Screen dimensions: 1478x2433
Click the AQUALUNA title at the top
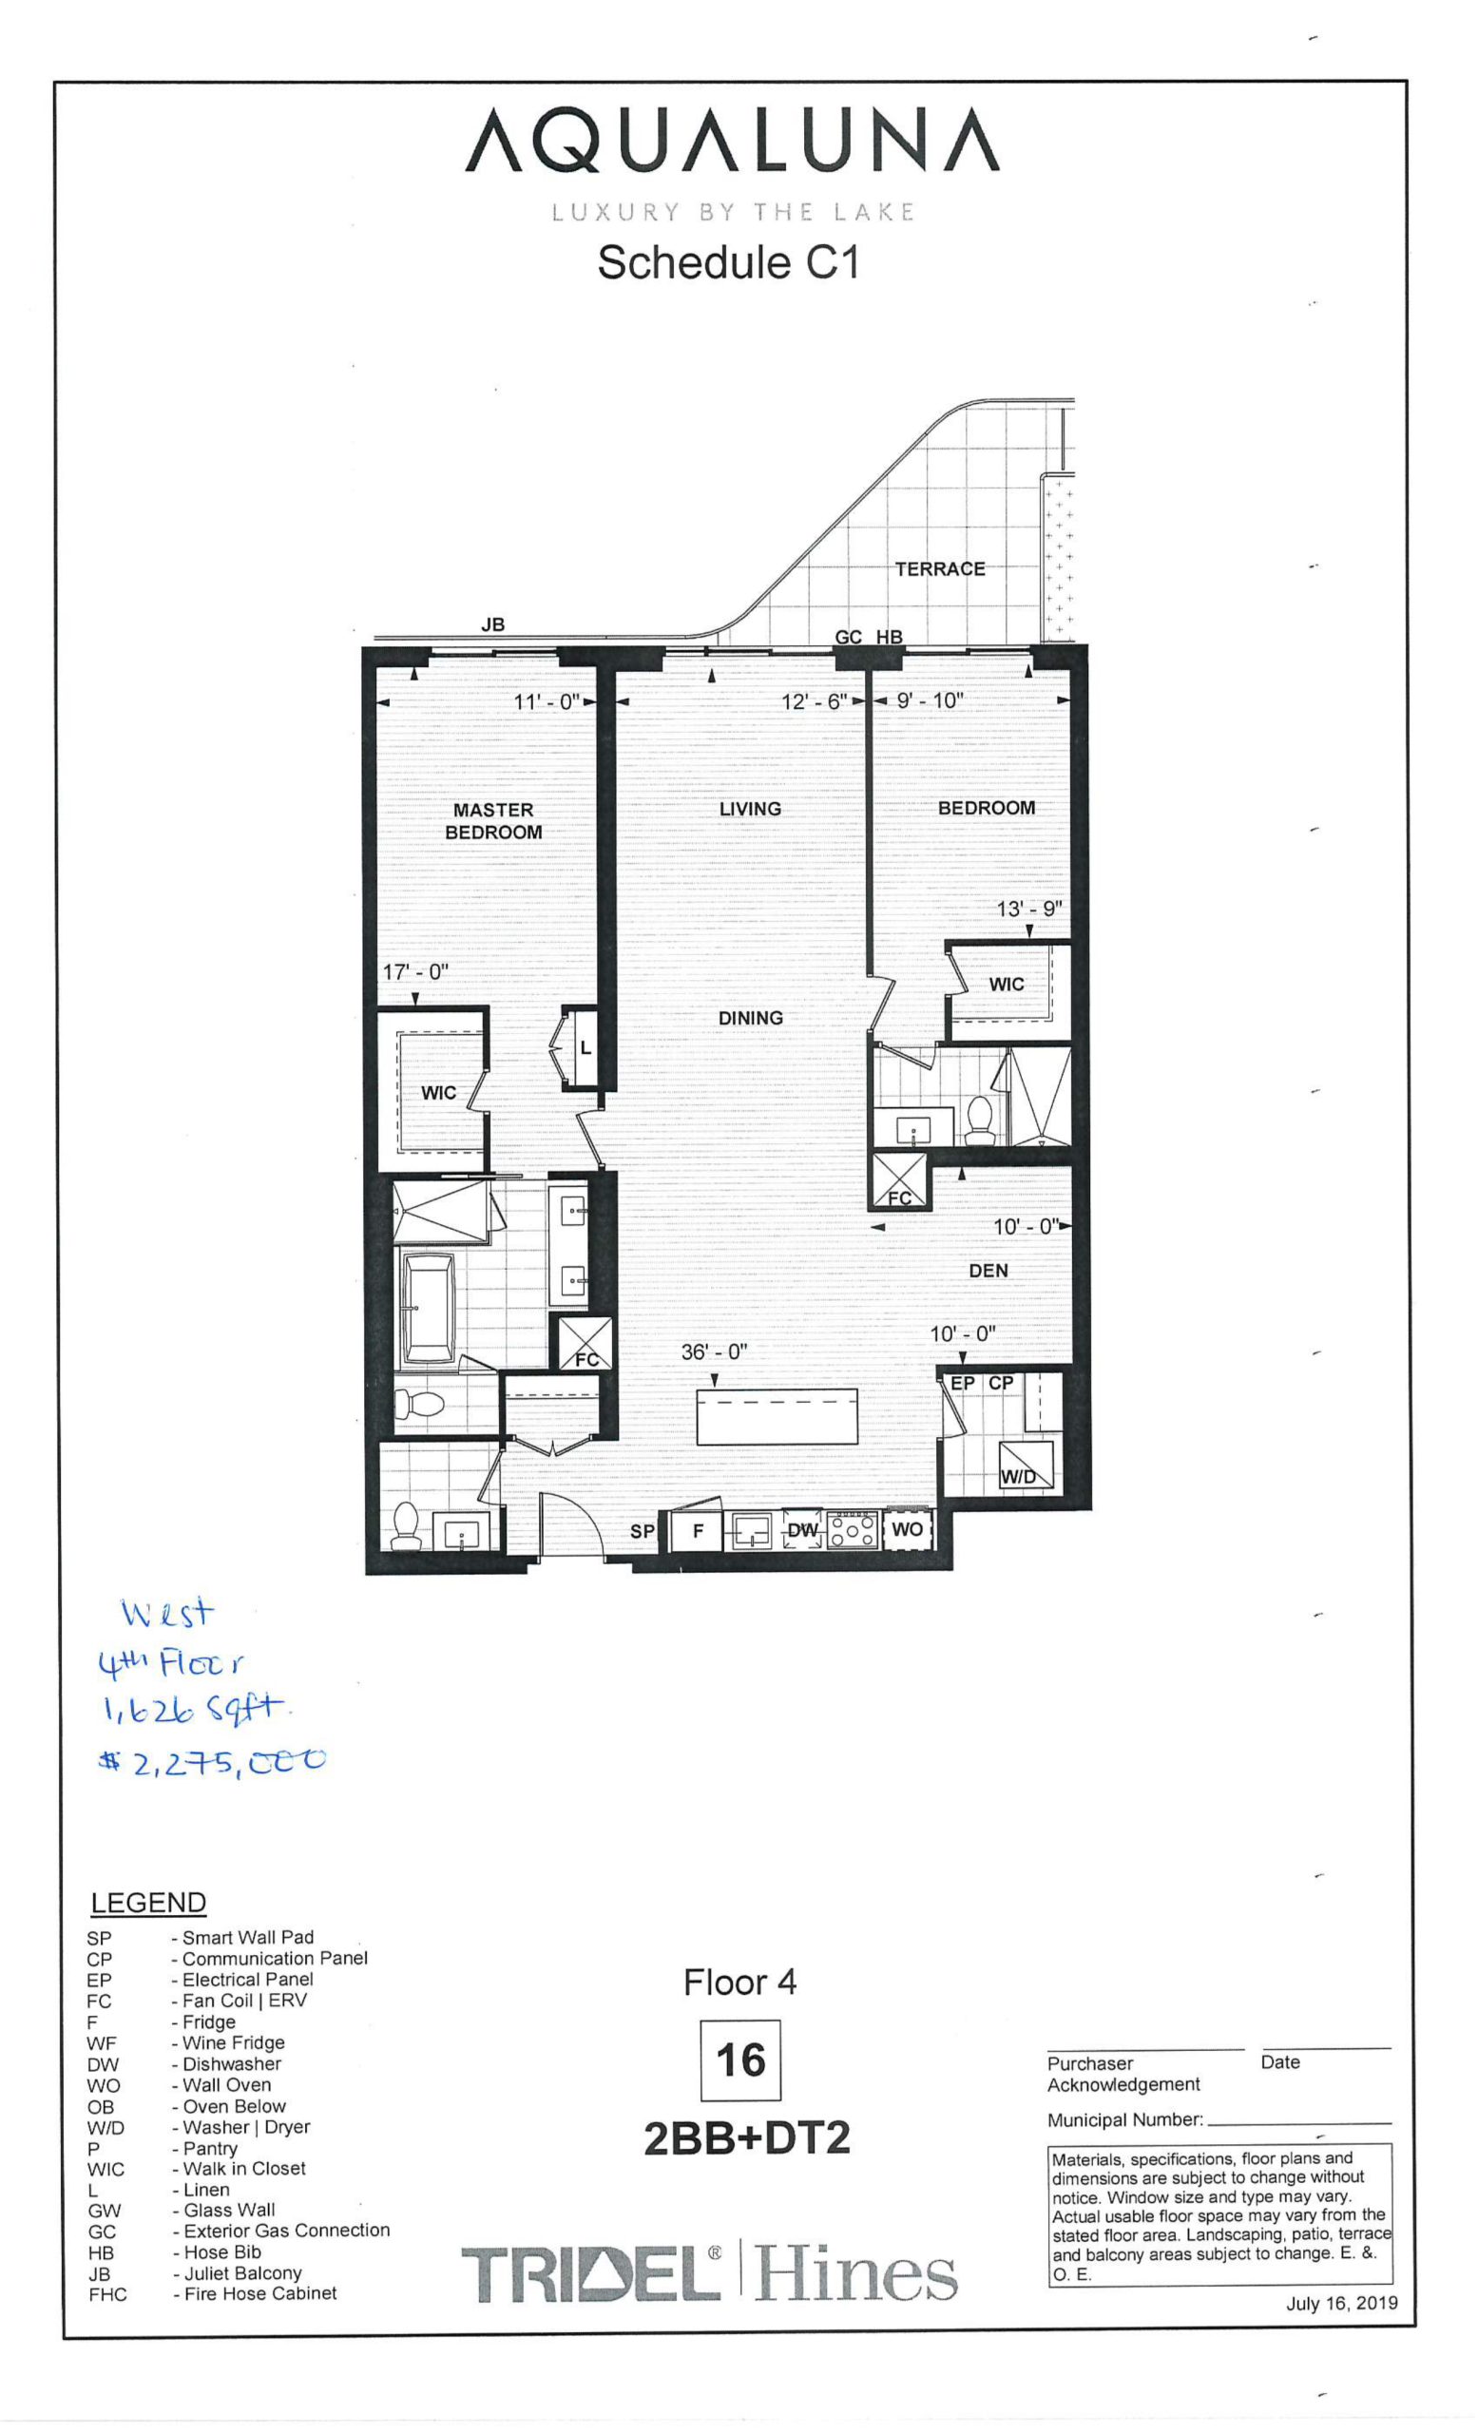pos(732,142)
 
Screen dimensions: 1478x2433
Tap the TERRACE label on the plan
pos(939,568)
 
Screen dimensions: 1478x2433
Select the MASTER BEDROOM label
pos(492,820)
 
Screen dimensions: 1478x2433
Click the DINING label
pos(750,1018)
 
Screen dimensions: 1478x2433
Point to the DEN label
pos(989,1271)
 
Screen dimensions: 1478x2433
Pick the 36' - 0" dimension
pos(714,1351)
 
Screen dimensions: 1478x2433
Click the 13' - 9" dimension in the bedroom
pos(1028,909)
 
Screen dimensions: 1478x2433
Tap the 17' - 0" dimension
pos(415,971)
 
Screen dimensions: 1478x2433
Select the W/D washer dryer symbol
pos(1026,1466)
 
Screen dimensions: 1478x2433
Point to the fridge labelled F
pos(697,1530)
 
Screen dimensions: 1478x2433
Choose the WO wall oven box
pos(907,1529)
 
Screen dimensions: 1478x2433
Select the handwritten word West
pos(166,1615)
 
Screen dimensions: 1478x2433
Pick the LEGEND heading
pos(148,1902)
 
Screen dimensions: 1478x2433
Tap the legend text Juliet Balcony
pos(241,2272)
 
